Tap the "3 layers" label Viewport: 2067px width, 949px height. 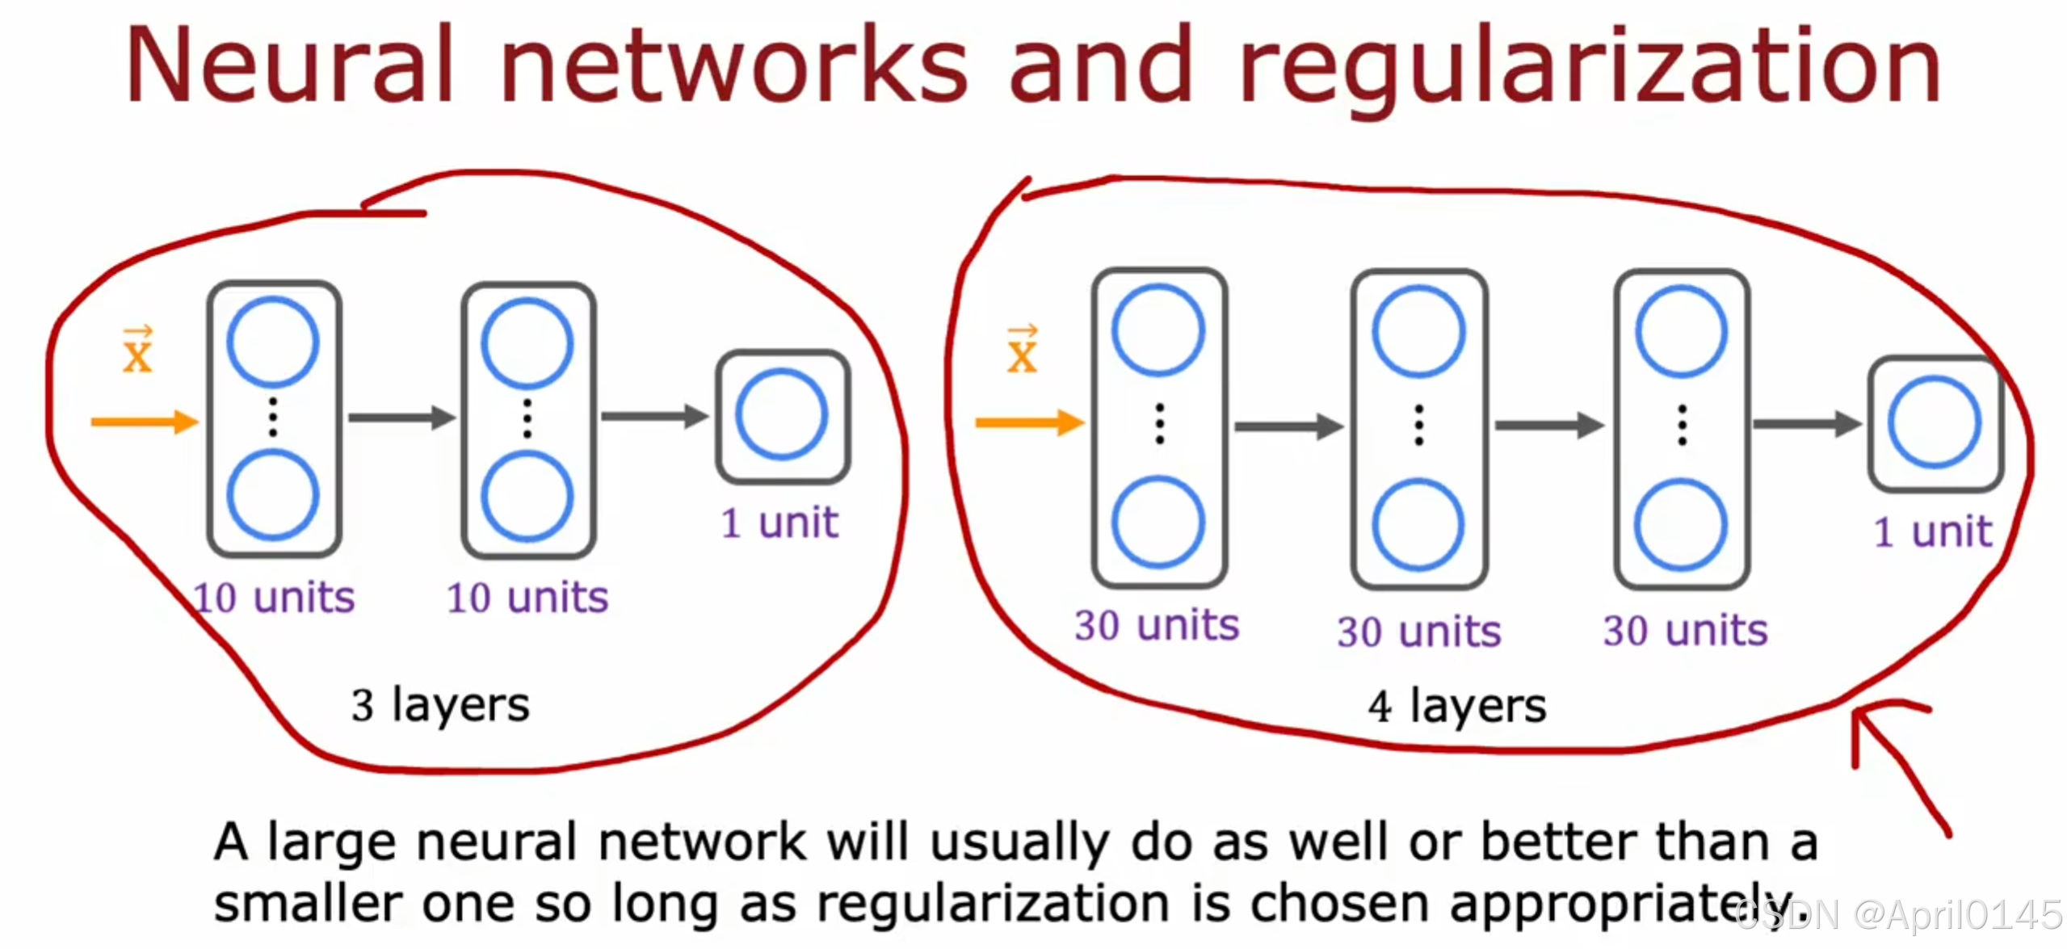click(x=440, y=704)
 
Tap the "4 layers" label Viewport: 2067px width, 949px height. click(x=1457, y=706)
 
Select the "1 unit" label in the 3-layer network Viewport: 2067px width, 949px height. click(x=779, y=523)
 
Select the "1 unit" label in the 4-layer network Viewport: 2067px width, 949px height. click(x=1933, y=531)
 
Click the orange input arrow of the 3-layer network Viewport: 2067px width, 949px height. click(x=144, y=422)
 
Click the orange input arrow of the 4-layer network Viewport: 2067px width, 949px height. click(x=1028, y=422)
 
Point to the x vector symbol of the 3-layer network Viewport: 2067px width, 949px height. click(x=137, y=351)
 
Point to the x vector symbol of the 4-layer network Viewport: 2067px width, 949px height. click(x=1022, y=351)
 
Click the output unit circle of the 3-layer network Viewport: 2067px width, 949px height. click(x=781, y=415)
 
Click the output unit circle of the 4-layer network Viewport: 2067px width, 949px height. click(x=1934, y=422)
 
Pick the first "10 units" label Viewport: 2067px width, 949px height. click(x=275, y=598)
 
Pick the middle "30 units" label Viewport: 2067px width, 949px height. click(x=1419, y=632)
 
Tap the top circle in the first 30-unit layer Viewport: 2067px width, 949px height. click(x=1158, y=330)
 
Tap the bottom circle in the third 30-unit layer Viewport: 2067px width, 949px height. click(x=1681, y=525)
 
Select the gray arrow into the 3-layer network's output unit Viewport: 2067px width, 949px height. click(x=653, y=417)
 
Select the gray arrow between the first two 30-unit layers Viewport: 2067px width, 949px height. click(x=1288, y=426)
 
